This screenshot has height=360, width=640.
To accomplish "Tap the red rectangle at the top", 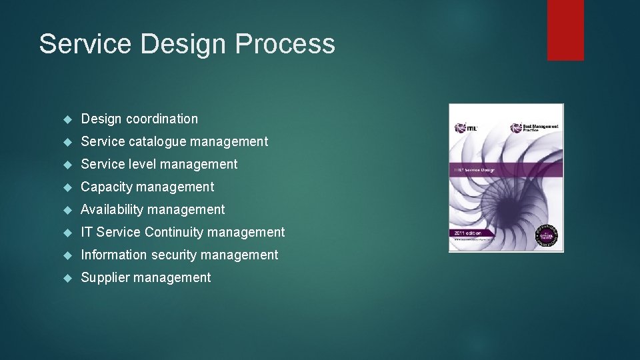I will pyautogui.click(x=565, y=29).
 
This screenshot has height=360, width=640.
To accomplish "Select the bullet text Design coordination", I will pyautogui.click(x=139, y=119).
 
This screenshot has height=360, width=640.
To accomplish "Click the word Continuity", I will pyautogui.click(x=176, y=232).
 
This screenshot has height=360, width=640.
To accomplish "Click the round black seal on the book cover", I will pyautogui.click(x=548, y=235).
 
